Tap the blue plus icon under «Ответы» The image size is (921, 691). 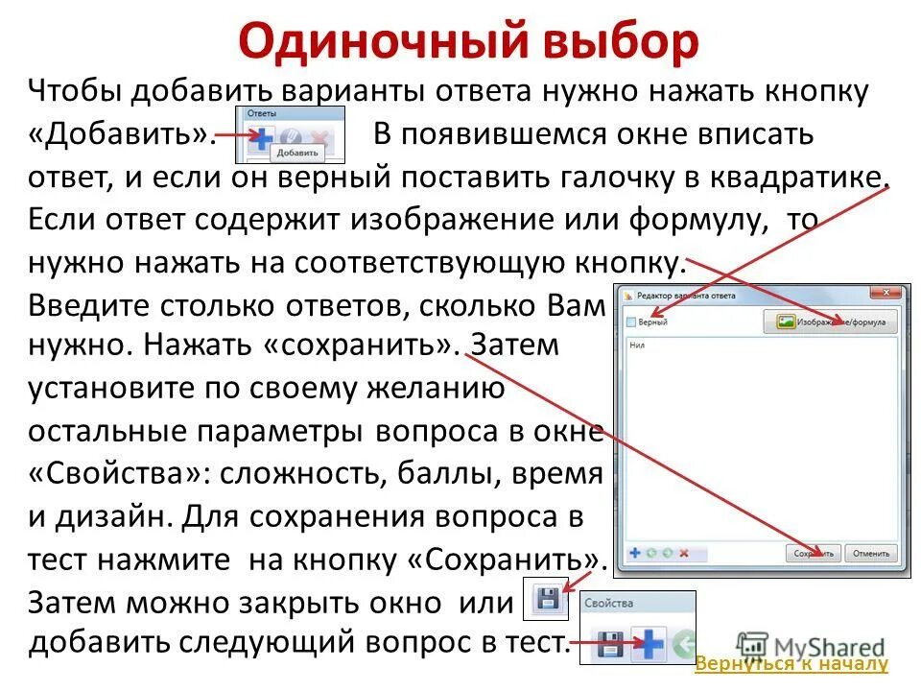[x=260, y=135]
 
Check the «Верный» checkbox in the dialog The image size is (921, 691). [x=631, y=322]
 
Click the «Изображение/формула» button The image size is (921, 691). [x=830, y=322]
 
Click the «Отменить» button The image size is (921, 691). [x=872, y=553]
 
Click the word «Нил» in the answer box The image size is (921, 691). [x=637, y=347]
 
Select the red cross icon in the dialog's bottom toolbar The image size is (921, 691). [x=684, y=553]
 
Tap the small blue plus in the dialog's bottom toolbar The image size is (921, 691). [x=634, y=553]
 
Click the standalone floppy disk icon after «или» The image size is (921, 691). [x=547, y=600]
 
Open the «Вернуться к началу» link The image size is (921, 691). [x=791, y=664]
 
